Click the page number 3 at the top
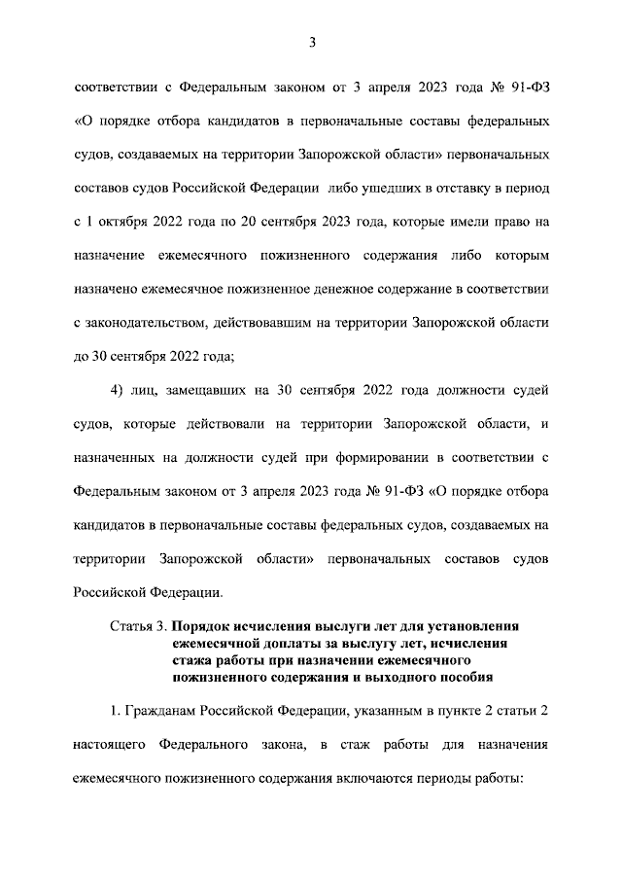[x=312, y=42]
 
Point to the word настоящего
[x=107, y=744]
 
